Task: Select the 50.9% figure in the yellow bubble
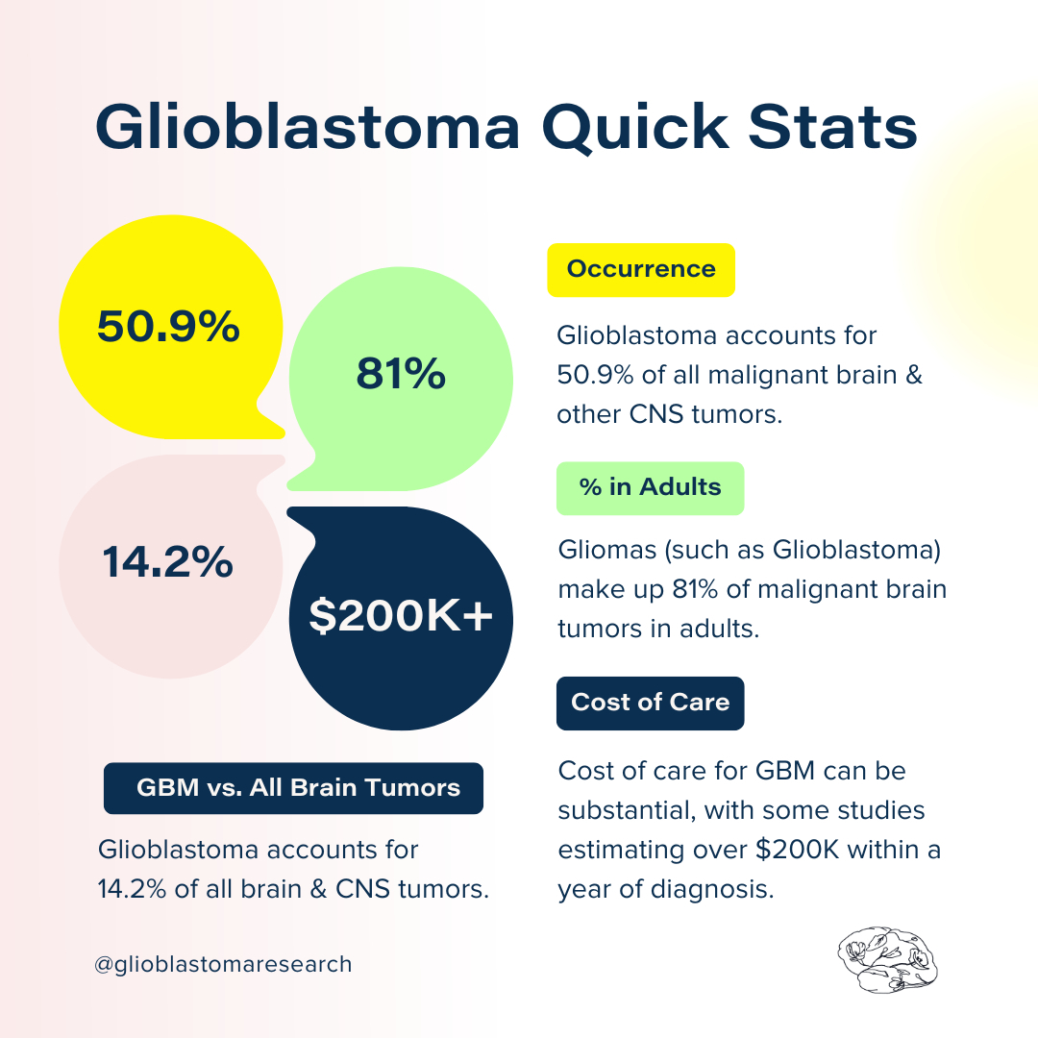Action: (x=168, y=328)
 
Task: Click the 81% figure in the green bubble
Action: (x=401, y=374)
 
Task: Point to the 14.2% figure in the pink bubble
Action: (x=168, y=562)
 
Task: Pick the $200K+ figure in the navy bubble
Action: (x=401, y=616)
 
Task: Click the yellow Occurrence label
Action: (x=641, y=269)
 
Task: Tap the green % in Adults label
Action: (x=650, y=487)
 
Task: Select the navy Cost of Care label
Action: (x=650, y=703)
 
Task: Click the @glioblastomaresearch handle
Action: (x=223, y=964)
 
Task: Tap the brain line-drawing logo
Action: (x=887, y=960)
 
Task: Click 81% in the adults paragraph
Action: (x=717, y=590)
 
